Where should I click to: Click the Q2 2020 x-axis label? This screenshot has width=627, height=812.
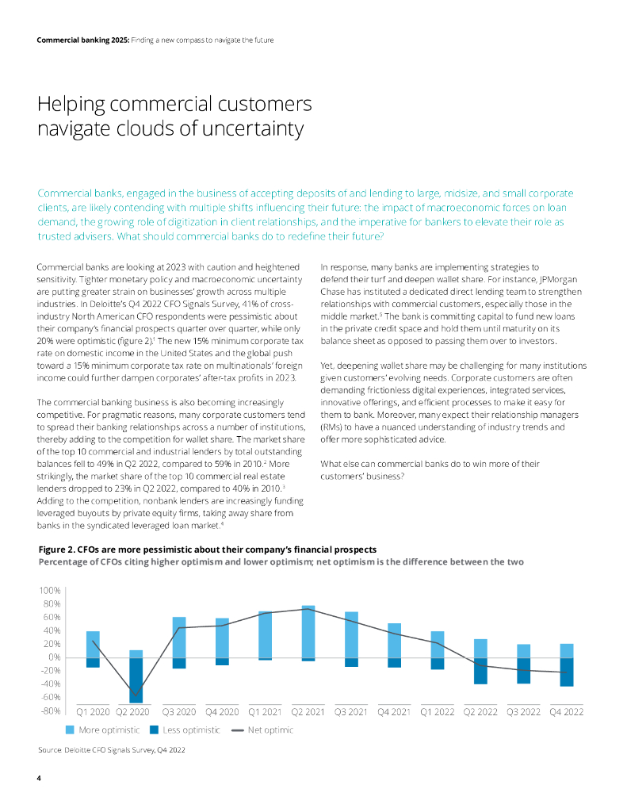(136, 711)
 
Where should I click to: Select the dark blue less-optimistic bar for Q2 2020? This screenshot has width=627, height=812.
(136, 680)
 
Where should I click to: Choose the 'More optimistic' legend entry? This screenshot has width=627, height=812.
(102, 730)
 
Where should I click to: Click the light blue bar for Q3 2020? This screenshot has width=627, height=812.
(179, 638)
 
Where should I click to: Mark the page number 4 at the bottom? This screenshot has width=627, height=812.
(40, 779)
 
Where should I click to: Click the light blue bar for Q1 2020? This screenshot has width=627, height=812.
(93, 644)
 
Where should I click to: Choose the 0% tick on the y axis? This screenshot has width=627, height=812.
(54, 657)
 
